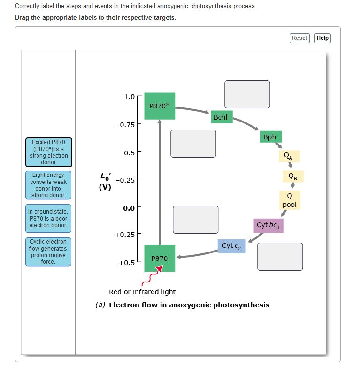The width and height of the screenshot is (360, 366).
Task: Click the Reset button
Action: coord(299,38)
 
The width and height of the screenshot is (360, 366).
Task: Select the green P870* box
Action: coord(160,106)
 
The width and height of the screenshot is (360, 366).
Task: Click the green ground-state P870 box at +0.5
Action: coord(160,258)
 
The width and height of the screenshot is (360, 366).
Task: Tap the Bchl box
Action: coord(220,117)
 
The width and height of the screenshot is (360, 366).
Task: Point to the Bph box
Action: coord(270,137)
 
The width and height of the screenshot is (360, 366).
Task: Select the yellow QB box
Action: coord(292,176)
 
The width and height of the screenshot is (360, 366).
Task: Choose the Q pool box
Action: coord(290,200)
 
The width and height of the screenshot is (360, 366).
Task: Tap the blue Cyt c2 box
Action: coord(231,246)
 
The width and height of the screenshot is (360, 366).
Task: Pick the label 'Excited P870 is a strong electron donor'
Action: coord(49,152)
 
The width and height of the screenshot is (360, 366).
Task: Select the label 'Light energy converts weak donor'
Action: coord(49,185)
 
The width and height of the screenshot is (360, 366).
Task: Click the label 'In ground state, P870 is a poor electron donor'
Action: coord(49,218)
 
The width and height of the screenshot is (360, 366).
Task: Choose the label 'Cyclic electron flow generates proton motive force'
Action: coord(49,252)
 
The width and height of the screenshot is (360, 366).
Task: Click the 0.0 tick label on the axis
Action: coord(129,208)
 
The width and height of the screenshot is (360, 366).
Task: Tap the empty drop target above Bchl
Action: coord(247,94)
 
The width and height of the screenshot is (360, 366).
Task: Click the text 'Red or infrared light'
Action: coord(142,292)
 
